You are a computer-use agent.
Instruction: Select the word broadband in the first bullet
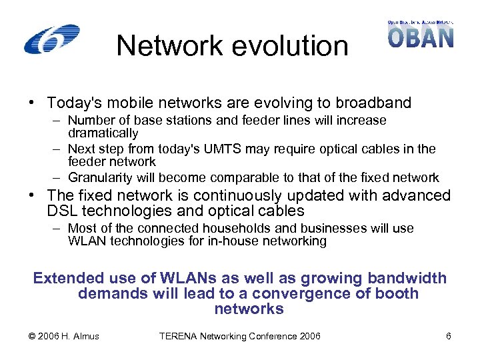[x=376, y=103]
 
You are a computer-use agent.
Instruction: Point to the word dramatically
[x=103, y=133]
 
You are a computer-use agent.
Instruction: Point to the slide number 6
[x=449, y=336]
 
